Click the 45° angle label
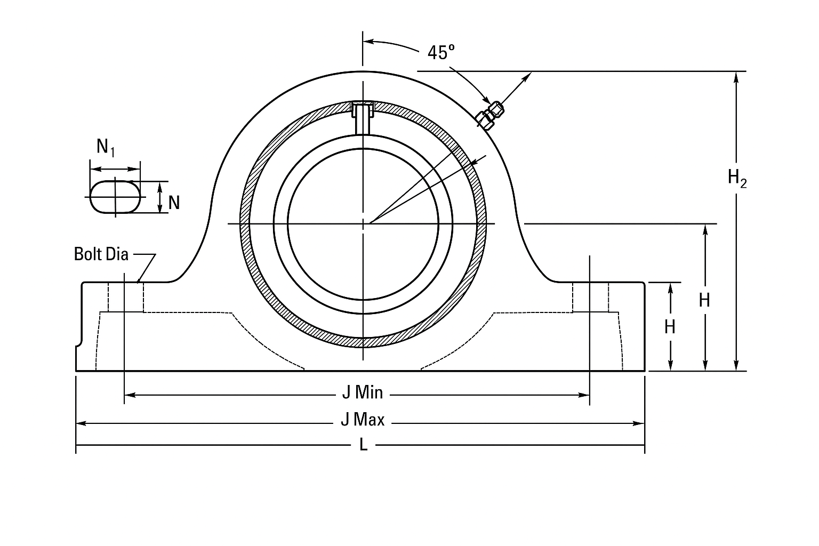point(441,52)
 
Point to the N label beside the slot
point(174,203)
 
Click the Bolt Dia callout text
point(101,254)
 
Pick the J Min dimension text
point(363,393)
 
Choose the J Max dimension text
point(363,420)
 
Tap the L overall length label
point(363,445)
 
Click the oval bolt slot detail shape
point(116,197)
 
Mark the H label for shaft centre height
point(704,301)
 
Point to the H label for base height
point(670,326)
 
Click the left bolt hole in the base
point(125,297)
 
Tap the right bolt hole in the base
point(590,297)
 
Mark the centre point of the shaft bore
point(363,224)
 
